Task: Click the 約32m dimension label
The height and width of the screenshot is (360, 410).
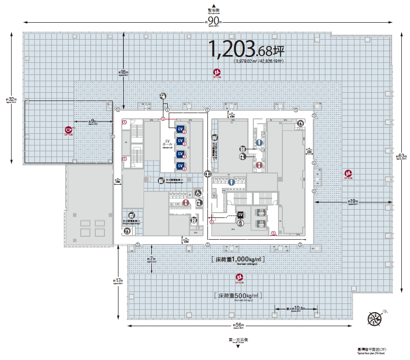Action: pyautogui.click(x=10, y=100)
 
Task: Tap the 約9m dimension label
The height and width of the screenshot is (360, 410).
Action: pyautogui.click(x=92, y=121)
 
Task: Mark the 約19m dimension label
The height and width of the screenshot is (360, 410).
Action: pyautogui.click(x=352, y=201)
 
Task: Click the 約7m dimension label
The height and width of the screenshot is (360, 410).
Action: pyautogui.click(x=151, y=259)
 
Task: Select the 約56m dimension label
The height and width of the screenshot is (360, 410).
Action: pyautogui.click(x=237, y=325)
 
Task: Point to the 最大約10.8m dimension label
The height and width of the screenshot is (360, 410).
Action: pyautogui.click(x=296, y=308)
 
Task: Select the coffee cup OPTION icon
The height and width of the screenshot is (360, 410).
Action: pyautogui.click(x=69, y=130)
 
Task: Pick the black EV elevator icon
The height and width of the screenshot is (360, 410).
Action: pyautogui.click(x=240, y=215)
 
